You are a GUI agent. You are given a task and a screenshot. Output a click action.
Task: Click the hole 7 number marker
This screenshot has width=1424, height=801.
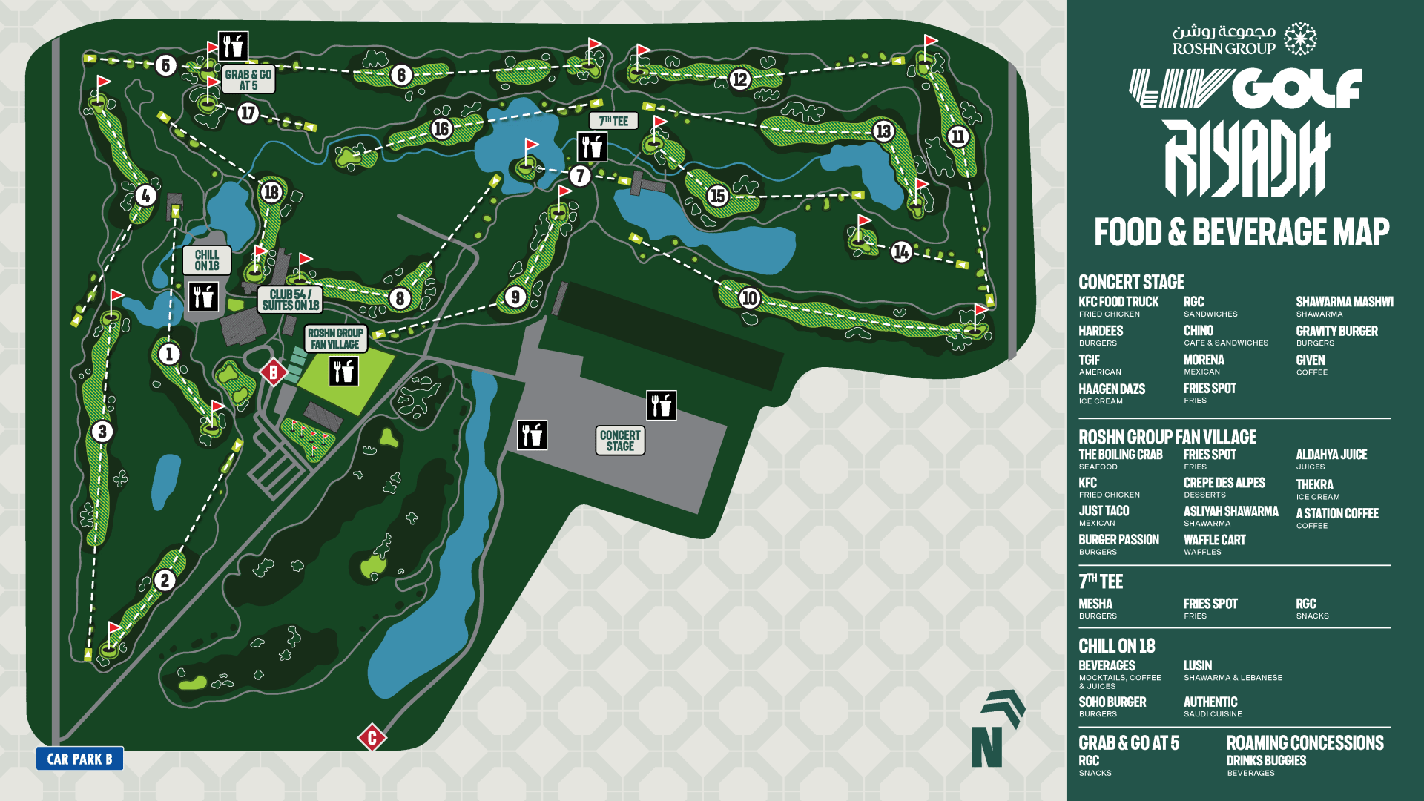pyautogui.click(x=580, y=176)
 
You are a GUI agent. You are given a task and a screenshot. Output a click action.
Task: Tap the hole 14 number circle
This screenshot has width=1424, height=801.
pyautogui.click(x=901, y=252)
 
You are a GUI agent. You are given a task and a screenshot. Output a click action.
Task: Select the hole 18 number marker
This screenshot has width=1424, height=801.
pyautogui.click(x=271, y=192)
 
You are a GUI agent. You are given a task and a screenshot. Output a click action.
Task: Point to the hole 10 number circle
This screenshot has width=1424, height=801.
pyautogui.click(x=749, y=298)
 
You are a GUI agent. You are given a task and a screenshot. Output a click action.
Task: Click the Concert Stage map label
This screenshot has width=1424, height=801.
pyautogui.click(x=620, y=441)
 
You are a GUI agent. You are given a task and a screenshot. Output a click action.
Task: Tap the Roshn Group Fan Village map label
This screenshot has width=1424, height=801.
pyautogui.click(x=335, y=339)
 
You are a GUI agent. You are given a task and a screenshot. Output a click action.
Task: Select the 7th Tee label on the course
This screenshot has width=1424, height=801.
pyautogui.click(x=613, y=121)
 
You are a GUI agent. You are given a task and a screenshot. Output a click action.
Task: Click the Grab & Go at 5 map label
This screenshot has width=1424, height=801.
pyautogui.click(x=248, y=79)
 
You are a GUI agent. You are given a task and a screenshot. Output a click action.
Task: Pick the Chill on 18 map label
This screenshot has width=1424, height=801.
pyautogui.click(x=207, y=260)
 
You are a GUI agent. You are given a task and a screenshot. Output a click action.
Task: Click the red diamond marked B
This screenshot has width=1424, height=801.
pyautogui.click(x=273, y=372)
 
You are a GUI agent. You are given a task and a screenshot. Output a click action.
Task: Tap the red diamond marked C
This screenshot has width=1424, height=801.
pyautogui.click(x=372, y=737)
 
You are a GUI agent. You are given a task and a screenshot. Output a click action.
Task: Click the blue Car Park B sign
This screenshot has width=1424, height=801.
pyautogui.click(x=79, y=759)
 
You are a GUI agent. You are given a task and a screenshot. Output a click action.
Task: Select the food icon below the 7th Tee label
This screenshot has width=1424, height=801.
pyautogui.click(x=592, y=147)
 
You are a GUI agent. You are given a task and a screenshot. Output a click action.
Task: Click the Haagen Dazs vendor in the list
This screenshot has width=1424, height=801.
pyautogui.click(x=1111, y=389)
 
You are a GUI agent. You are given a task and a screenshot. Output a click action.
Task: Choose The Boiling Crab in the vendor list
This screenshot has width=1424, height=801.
pyautogui.click(x=1120, y=455)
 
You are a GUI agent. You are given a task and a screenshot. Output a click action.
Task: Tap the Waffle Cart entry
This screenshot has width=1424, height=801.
pyautogui.click(x=1214, y=540)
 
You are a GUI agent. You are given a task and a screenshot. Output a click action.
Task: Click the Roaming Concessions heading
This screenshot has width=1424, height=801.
pyautogui.click(x=1305, y=742)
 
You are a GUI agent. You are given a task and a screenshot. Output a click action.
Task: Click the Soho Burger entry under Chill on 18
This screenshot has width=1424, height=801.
pyautogui.click(x=1112, y=702)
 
